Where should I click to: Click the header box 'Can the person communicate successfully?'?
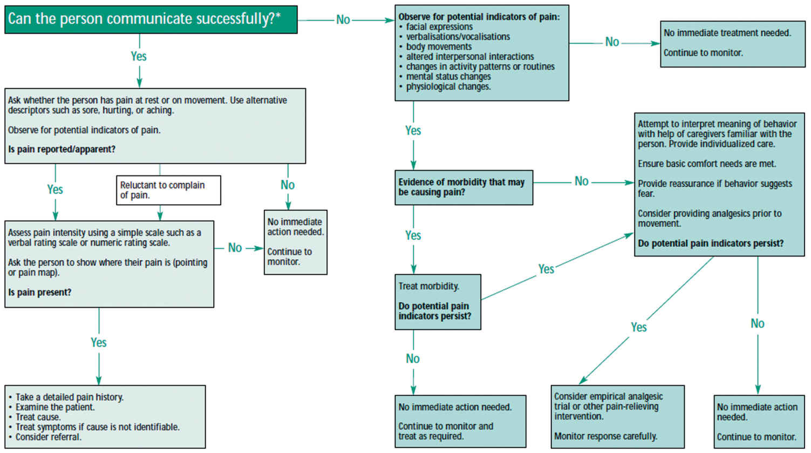coord(151,19)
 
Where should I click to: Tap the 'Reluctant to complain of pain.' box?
coord(168,190)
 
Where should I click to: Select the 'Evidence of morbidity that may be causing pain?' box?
coord(464,187)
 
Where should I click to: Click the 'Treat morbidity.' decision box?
coord(438,301)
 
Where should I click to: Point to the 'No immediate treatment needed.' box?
coord(732,43)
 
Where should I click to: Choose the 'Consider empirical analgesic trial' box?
coord(617,416)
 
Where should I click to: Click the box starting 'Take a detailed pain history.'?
coord(105,417)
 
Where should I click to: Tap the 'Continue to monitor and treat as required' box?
coord(460,421)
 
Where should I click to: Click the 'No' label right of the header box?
coord(343,20)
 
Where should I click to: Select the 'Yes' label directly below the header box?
coord(139,56)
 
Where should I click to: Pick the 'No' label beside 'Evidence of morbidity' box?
coord(581,181)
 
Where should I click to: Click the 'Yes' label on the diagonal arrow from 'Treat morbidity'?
coord(546,269)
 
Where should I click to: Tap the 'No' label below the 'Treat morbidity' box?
coord(413,359)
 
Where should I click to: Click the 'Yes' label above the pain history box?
coord(99,342)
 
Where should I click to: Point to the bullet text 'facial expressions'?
coord(439,27)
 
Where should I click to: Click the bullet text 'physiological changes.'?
coord(448,86)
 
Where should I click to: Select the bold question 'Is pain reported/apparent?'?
coord(62,150)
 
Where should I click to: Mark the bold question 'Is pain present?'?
coord(40,293)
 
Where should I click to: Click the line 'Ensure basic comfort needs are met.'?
coord(707,164)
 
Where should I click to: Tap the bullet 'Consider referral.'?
coord(49,437)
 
